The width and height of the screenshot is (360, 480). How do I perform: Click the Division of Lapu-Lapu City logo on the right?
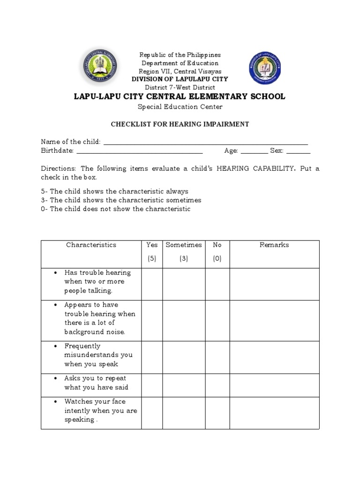(265, 67)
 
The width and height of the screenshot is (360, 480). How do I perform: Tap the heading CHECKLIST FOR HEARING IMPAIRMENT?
(180, 124)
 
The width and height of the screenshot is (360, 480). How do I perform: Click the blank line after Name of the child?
(205, 142)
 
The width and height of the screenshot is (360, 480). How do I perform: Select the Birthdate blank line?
(139, 151)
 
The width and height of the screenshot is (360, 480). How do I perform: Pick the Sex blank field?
(298, 151)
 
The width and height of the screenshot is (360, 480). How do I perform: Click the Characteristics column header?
(91, 245)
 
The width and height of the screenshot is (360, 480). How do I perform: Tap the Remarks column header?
(274, 245)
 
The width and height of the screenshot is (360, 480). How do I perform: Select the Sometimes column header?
(184, 245)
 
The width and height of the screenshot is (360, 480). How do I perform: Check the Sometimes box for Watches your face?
(184, 412)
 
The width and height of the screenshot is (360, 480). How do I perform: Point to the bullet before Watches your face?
(56, 402)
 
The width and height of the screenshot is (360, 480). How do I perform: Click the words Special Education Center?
(180, 107)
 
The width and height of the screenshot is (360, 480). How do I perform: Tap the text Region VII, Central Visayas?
(180, 71)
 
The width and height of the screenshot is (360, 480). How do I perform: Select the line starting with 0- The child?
(116, 209)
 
